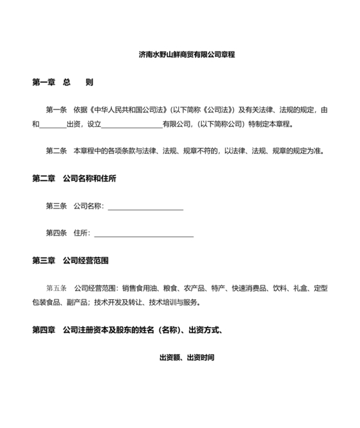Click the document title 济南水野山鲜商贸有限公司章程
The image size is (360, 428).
point(186,55)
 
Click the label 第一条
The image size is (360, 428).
point(56,110)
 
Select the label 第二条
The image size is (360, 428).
point(56,151)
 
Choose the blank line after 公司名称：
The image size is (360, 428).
point(145,206)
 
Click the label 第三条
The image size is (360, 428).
point(56,206)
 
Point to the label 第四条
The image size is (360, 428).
point(56,233)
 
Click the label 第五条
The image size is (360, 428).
point(56,288)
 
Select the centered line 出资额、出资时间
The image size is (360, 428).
point(186,356)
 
